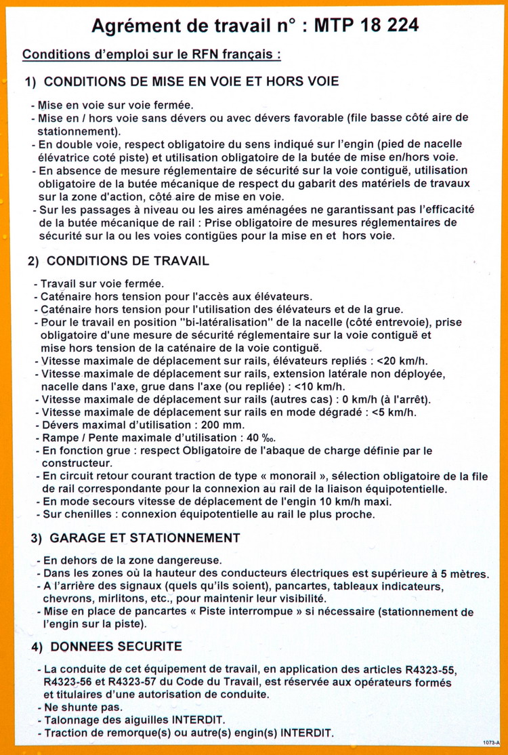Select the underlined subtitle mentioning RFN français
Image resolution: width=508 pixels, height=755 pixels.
(152, 54)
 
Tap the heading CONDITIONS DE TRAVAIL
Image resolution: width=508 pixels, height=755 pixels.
(128, 261)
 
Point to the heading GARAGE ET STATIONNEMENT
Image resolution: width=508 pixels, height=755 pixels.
(145, 538)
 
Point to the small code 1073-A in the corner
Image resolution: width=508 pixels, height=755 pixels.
(492, 743)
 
